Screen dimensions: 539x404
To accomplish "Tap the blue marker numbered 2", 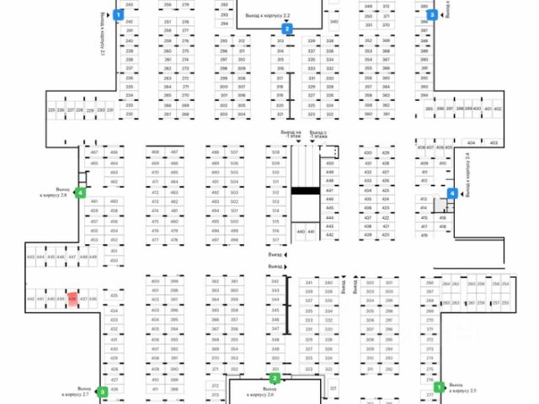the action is coord(287,29).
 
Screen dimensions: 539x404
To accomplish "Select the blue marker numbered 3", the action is coord(432,14).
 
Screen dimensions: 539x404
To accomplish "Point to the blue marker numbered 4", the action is coord(452,193).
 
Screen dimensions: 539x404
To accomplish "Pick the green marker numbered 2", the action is coord(275,379).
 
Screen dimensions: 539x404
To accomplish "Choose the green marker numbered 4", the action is coord(80,193).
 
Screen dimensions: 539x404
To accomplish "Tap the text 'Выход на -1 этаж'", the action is coord(291,136).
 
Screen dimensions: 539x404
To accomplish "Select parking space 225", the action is coord(51,110).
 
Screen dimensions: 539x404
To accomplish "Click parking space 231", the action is coord(110,110).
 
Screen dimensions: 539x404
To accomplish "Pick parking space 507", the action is coord(234,152).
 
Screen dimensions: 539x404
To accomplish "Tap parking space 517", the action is coord(275,240).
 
